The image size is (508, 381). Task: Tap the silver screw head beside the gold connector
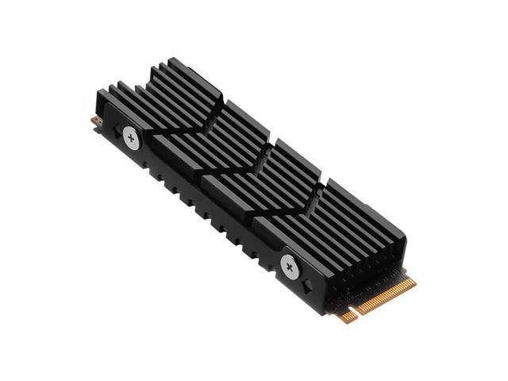click(289, 267)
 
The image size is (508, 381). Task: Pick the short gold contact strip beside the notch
click(346, 316)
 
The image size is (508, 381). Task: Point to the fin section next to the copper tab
click(159, 99)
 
